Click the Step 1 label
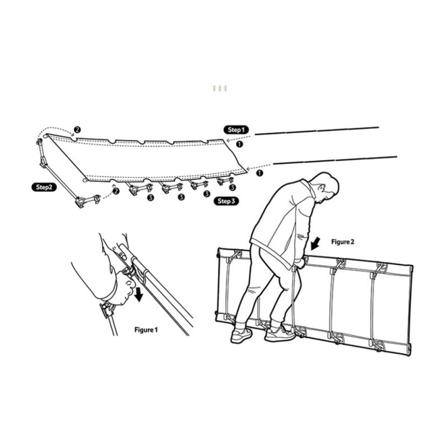click(x=236, y=130)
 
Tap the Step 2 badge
click(x=44, y=187)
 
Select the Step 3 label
click(x=226, y=201)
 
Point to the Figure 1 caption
click(x=146, y=330)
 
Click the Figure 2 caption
click(x=343, y=242)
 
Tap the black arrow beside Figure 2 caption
click(x=315, y=244)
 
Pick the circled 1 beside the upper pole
click(x=239, y=144)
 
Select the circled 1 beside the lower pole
click(x=259, y=173)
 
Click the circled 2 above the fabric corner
click(x=77, y=130)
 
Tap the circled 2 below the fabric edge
click(x=116, y=191)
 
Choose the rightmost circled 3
click(x=232, y=187)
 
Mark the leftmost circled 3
click(x=150, y=197)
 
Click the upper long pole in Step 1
click(x=317, y=131)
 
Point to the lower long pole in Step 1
click(x=335, y=160)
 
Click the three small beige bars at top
click(x=220, y=88)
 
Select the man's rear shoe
click(x=241, y=335)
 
